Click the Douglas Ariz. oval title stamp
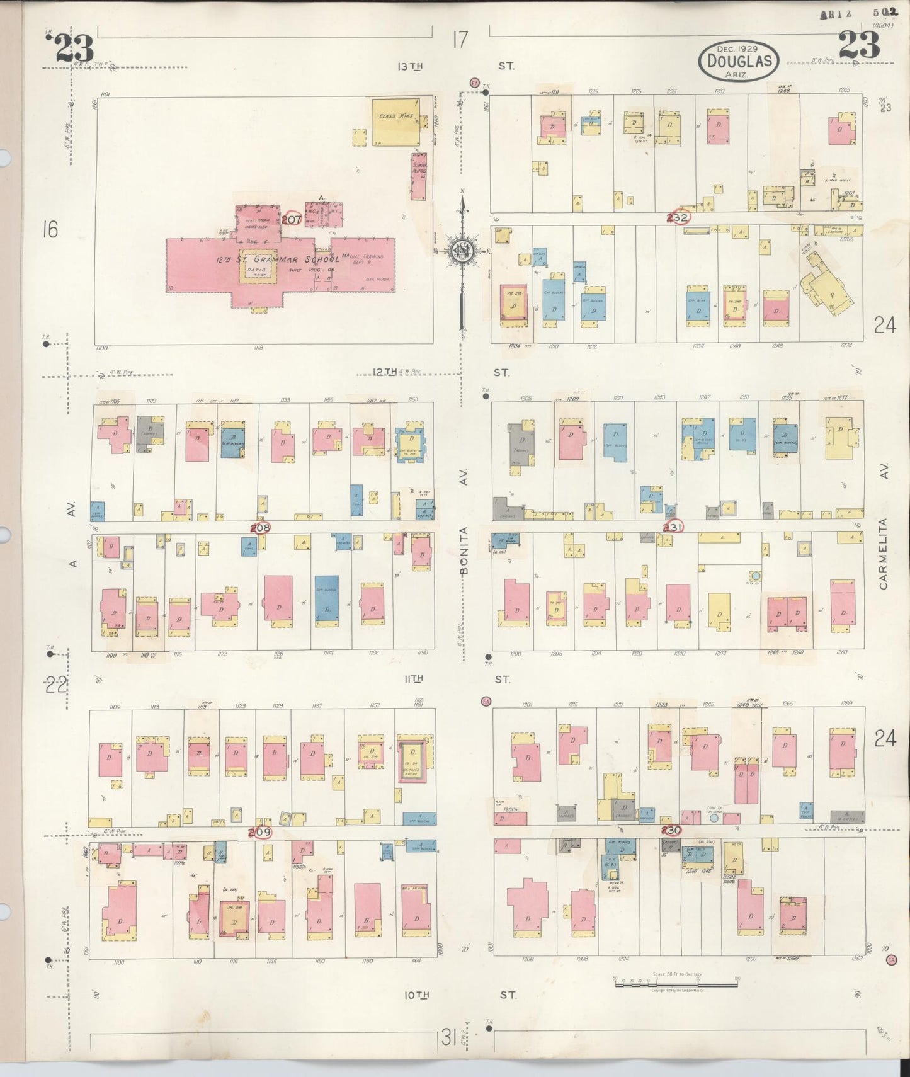(x=739, y=61)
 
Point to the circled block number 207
(x=292, y=219)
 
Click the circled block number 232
(x=680, y=217)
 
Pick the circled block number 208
(x=260, y=528)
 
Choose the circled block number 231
(x=673, y=527)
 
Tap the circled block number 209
(x=259, y=832)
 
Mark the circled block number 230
(x=671, y=830)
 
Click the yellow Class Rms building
(x=397, y=122)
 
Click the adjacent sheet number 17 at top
(x=460, y=40)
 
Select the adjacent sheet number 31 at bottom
(x=448, y=1037)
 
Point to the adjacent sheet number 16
(x=50, y=230)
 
